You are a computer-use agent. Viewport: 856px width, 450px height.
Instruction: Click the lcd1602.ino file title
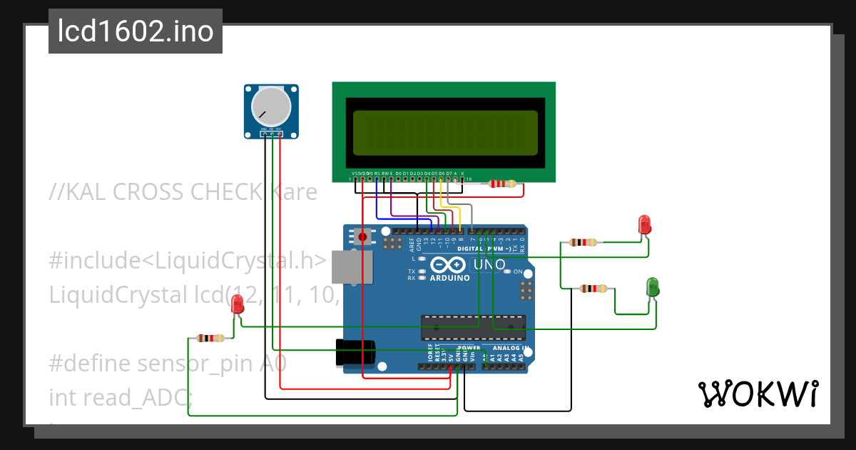[136, 31]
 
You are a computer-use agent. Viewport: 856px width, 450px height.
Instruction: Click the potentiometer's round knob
[272, 107]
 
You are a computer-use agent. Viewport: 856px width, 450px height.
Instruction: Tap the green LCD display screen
[443, 133]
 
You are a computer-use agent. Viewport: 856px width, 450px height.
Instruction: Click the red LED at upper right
[644, 224]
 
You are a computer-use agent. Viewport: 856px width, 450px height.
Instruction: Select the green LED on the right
[652, 287]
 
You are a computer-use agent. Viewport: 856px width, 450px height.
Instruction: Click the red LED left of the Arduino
[238, 304]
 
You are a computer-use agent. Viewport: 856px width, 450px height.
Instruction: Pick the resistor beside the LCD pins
[502, 184]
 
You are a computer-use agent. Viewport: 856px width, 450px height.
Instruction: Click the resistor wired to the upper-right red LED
[584, 242]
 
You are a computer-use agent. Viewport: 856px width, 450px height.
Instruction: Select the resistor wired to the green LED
[593, 289]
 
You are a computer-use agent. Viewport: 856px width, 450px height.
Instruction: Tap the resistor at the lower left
[210, 338]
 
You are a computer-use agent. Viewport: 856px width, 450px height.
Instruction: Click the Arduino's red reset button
[363, 236]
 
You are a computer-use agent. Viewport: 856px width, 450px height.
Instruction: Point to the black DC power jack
[356, 352]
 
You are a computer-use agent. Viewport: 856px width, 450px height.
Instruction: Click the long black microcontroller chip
[473, 326]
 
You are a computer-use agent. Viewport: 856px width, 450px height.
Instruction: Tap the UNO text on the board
[490, 265]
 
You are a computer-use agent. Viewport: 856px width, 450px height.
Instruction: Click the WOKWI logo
[757, 394]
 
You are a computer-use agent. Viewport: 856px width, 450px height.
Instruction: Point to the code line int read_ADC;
[121, 396]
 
